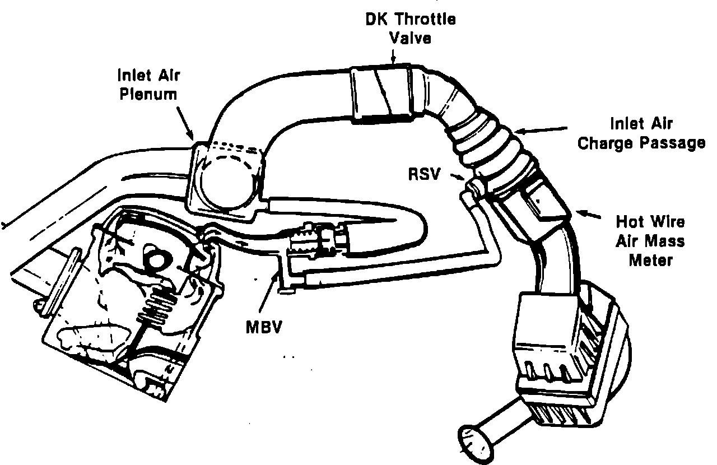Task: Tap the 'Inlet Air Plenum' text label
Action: pyautogui.click(x=148, y=83)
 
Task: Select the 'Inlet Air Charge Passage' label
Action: pyautogui.click(x=641, y=133)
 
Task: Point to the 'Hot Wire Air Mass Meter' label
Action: pyautogui.click(x=650, y=241)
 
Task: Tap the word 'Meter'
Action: pyautogui.click(x=650, y=261)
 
